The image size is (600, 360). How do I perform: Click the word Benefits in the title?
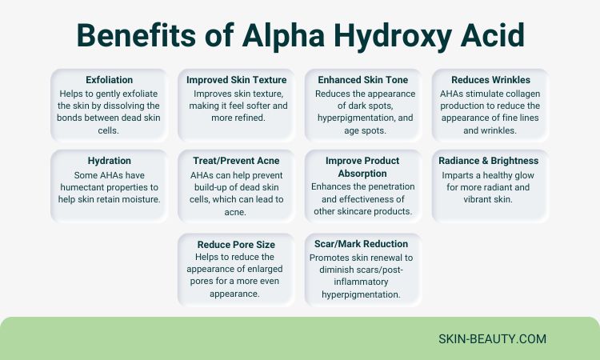(137, 35)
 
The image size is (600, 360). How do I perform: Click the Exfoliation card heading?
(109, 79)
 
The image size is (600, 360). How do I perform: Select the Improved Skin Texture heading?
(237, 79)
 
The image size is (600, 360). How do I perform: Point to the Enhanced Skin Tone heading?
(362, 79)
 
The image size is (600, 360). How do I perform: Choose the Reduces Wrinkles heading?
(490, 79)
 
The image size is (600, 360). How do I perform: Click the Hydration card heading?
(109, 161)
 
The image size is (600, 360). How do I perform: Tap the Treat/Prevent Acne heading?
(236, 161)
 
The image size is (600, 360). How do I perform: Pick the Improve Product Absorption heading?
(362, 167)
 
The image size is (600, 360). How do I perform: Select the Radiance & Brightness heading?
(489, 161)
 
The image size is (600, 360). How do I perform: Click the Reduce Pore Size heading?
(236, 245)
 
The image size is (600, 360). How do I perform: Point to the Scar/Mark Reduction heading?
(362, 244)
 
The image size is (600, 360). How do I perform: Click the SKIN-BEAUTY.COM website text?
(493, 339)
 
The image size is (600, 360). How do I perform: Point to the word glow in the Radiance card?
(524, 175)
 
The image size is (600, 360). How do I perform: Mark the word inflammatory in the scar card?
(361, 282)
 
